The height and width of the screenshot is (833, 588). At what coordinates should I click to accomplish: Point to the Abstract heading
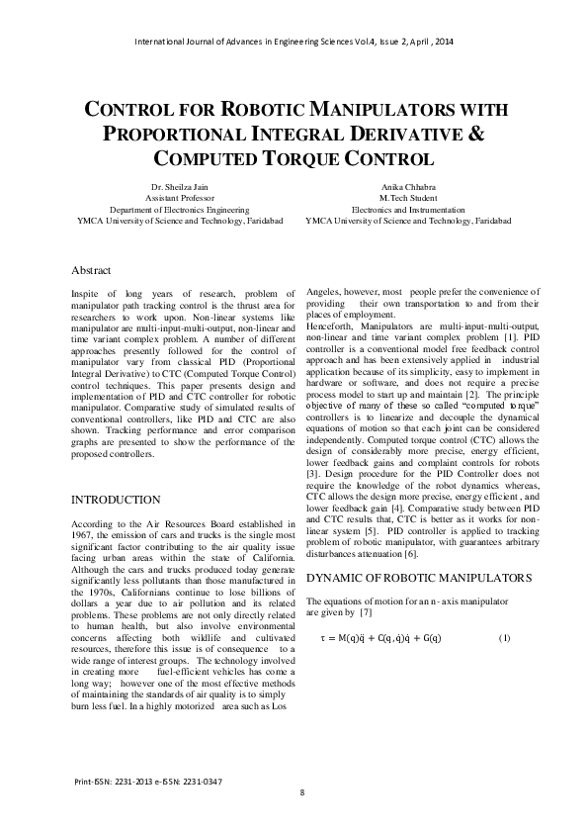[91, 270]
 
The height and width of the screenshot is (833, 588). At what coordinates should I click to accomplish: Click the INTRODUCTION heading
[117, 500]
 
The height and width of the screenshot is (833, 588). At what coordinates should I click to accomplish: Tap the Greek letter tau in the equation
[323, 637]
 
